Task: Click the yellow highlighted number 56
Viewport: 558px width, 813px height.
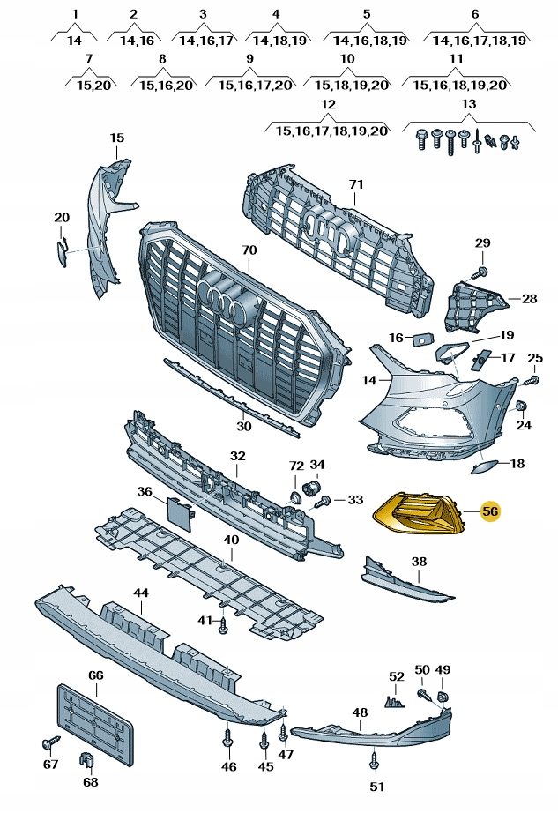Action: point(489,511)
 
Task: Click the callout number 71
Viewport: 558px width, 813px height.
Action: point(355,184)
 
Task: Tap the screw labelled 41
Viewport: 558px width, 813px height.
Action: point(224,624)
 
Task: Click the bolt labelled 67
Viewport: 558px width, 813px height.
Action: point(48,742)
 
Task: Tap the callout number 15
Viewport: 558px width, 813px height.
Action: point(117,138)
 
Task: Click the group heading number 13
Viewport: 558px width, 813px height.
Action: point(467,105)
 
